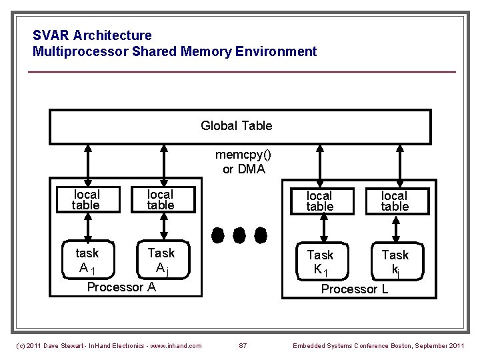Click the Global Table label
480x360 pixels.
coord(236,126)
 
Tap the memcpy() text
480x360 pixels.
coord(243,155)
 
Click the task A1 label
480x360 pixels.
coord(87,261)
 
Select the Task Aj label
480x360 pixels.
coord(161,261)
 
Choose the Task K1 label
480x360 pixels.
coord(320,263)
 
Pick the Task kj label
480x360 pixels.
coord(395,263)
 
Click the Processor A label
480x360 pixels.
coord(122,287)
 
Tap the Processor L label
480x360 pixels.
coord(355,289)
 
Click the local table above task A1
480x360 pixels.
coord(86,200)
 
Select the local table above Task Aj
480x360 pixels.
coord(161,200)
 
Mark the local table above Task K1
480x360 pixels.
coord(319,201)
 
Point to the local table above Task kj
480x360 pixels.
coord(395,201)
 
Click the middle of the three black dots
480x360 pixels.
coord(241,235)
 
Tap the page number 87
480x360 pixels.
coord(243,345)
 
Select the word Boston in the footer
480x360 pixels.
coord(399,345)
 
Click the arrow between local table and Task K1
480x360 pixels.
coord(323,231)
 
